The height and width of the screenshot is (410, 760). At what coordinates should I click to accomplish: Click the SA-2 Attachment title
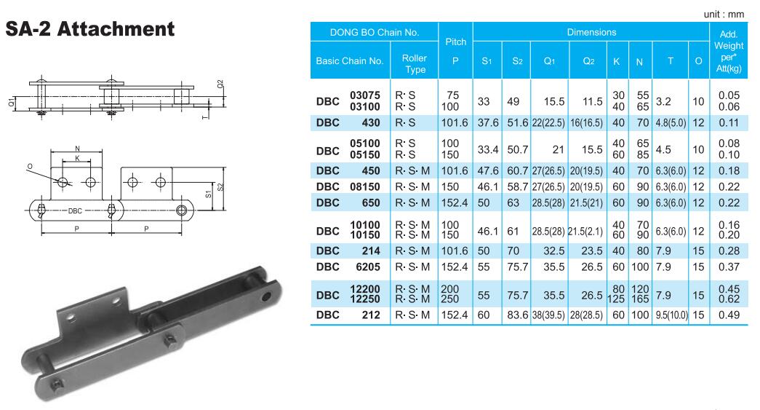click(x=89, y=29)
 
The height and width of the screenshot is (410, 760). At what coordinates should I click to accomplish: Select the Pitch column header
click(x=455, y=50)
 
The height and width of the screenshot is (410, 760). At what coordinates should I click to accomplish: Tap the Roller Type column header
click(x=415, y=63)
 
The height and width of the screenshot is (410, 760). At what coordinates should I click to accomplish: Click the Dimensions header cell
click(x=591, y=33)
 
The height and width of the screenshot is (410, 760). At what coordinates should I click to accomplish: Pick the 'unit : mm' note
click(x=724, y=15)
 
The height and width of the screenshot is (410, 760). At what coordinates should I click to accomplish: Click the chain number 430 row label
click(x=371, y=123)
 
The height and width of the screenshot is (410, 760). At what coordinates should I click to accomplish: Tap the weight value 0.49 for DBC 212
click(x=729, y=315)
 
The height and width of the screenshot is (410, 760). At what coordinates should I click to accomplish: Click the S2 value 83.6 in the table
click(x=518, y=315)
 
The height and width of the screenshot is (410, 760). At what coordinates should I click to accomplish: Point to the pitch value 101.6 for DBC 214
click(x=455, y=251)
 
